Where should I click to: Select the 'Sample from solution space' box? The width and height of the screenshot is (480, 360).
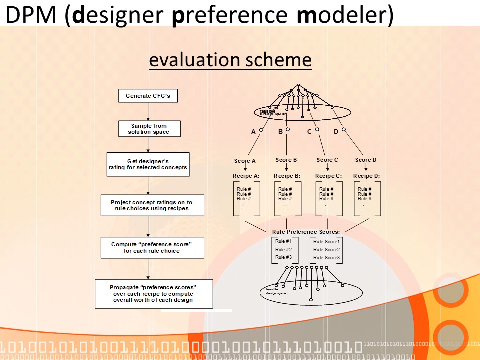pyautogui.click(x=149, y=129)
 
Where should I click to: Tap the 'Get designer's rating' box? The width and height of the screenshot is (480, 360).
pyautogui.click(x=148, y=164)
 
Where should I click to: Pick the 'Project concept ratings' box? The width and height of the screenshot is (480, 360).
pyautogui.click(x=151, y=205)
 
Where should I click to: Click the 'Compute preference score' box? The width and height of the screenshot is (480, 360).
pyautogui.click(x=151, y=248)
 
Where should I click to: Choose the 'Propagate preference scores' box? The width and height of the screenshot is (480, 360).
pyautogui.click(x=153, y=294)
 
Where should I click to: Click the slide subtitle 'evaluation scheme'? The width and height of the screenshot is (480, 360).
pyautogui.click(x=230, y=60)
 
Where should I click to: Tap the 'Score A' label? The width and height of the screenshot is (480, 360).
pyautogui.click(x=245, y=161)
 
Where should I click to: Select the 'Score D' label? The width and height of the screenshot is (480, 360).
pyautogui.click(x=366, y=160)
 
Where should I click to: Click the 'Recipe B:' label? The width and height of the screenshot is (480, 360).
pyautogui.click(x=287, y=176)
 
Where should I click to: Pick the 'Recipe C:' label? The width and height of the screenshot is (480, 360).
pyautogui.click(x=328, y=176)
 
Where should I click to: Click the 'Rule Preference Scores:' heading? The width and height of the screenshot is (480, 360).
pyautogui.click(x=306, y=232)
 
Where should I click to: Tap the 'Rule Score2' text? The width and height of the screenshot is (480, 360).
pyautogui.click(x=326, y=250)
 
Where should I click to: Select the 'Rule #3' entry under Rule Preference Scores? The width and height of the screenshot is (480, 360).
pyautogui.click(x=283, y=257)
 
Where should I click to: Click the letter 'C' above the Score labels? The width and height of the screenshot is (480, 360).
pyautogui.click(x=309, y=132)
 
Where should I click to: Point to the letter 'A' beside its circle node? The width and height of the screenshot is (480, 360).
pyautogui.click(x=253, y=132)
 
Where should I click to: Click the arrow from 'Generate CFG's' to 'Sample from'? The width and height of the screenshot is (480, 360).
pyautogui.click(x=149, y=111)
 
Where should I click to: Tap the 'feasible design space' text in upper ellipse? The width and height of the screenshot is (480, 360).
pyautogui.click(x=273, y=112)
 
